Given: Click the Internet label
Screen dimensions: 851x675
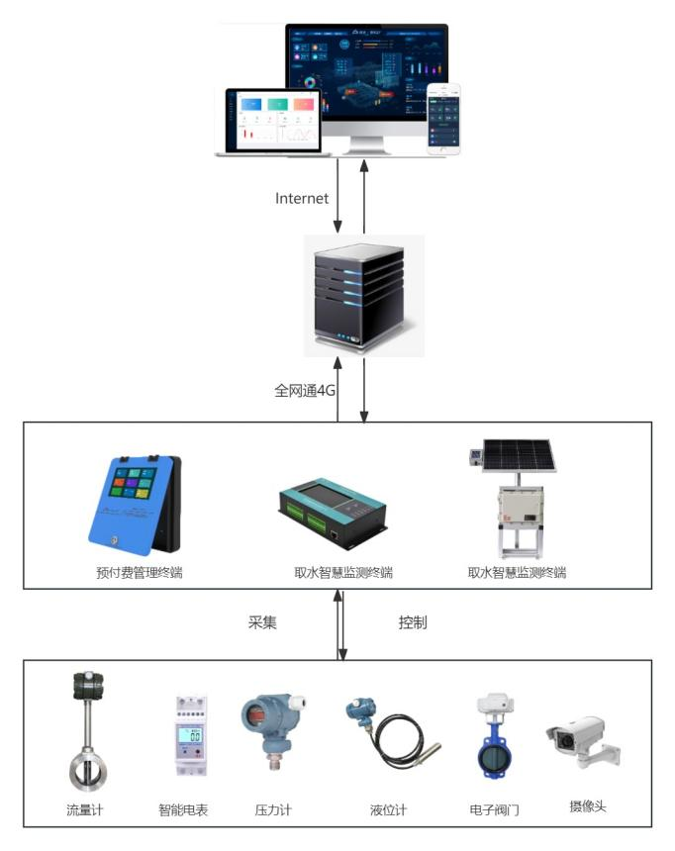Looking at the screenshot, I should (x=301, y=198).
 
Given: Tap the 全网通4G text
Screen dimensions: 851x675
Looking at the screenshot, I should (x=306, y=390).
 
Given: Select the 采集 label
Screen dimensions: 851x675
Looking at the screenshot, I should (x=262, y=623).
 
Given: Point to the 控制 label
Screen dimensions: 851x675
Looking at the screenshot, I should (x=413, y=623).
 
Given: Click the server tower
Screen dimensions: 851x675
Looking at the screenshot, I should (x=360, y=294).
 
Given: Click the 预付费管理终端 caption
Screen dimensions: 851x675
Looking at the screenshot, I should (x=140, y=572).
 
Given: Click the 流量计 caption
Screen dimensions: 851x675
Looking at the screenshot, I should (x=85, y=810).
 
